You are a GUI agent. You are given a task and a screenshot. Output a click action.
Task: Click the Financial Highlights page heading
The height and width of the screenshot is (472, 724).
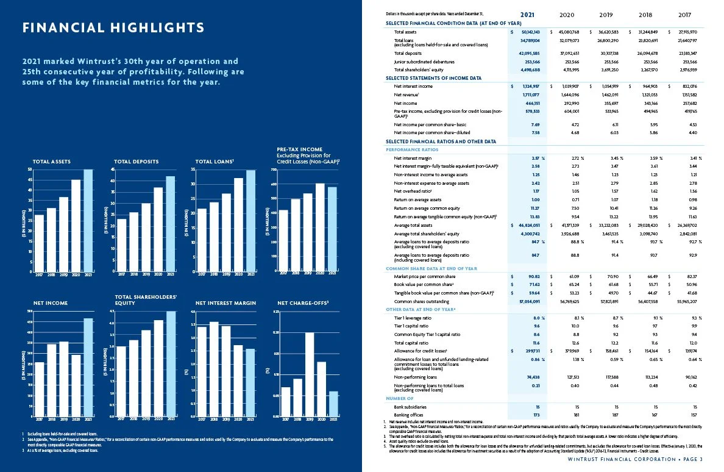click(x=113, y=28)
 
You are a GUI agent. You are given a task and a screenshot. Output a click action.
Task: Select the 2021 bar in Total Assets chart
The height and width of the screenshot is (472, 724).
click(x=88, y=220)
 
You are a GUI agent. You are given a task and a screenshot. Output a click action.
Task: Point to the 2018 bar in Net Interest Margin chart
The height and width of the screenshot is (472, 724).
click(x=214, y=369)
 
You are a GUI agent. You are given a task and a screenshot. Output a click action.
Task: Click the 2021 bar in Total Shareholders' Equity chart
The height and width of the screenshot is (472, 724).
click(x=171, y=363)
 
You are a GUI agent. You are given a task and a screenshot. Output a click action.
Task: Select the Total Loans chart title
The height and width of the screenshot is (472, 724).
click(x=214, y=162)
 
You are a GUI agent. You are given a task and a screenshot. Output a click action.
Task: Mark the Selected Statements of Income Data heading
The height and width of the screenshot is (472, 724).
click(x=433, y=78)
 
